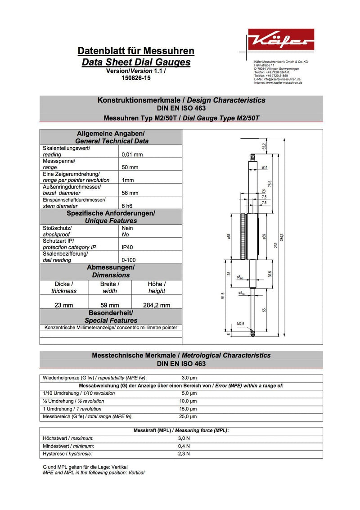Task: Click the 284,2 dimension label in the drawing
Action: [281, 237]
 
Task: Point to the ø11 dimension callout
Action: [265, 167]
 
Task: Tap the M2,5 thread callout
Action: [241, 324]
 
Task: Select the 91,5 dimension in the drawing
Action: [223, 296]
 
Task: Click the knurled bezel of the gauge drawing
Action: [243, 237]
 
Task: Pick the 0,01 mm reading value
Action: [132, 154]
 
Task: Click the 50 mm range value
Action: [130, 167]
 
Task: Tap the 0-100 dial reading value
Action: [129, 260]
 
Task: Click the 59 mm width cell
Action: [109, 305]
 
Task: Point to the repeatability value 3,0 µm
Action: [189, 378]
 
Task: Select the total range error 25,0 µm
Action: [189, 417]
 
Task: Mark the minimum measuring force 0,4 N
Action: [184, 446]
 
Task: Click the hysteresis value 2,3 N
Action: [184, 454]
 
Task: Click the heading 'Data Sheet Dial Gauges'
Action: [136, 63]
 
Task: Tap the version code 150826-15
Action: [136, 78]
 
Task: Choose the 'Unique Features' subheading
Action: [111, 221]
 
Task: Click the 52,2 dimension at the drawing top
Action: [264, 146]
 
